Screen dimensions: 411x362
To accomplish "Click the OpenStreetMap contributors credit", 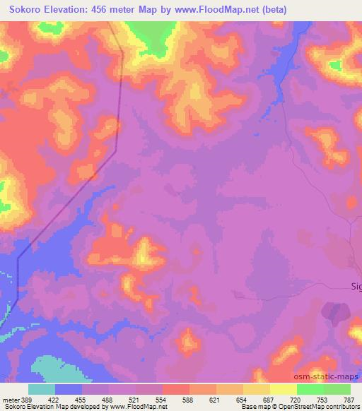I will coord(322,406).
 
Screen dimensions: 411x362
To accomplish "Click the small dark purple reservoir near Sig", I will coord(335,312).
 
